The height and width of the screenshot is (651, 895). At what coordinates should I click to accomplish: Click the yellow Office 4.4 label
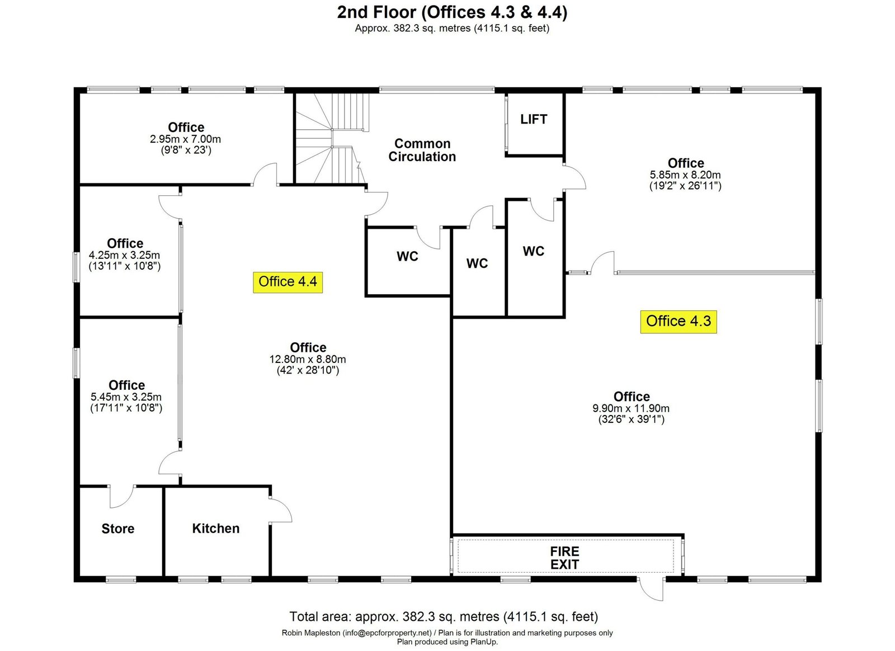coord(288,282)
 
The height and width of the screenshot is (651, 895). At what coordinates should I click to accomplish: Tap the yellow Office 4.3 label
coord(678,322)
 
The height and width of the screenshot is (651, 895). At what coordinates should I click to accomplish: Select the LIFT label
coord(534,119)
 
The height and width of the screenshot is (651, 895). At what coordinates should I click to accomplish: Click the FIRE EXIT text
coord(564,558)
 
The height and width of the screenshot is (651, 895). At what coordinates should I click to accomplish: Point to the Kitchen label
coord(216,529)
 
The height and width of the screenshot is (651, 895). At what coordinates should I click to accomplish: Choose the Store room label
coord(118,529)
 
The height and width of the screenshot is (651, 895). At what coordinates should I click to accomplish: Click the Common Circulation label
coord(422,150)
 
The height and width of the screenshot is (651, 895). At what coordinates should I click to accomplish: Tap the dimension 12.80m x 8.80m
coord(308,359)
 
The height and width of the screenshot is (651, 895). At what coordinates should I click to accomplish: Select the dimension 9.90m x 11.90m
coord(631,408)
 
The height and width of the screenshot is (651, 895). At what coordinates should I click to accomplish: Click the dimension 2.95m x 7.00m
coord(185,139)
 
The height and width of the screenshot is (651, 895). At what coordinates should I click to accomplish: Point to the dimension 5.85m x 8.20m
coord(685,174)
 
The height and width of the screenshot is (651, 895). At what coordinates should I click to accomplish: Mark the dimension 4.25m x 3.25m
coord(124,255)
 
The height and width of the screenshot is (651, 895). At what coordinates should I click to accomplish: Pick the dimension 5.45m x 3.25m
coord(126,397)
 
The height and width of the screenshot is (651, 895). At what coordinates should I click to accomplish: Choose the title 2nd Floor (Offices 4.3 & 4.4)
coord(452,12)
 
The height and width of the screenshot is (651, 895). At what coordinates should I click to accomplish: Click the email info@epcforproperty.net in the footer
coord(387,633)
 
